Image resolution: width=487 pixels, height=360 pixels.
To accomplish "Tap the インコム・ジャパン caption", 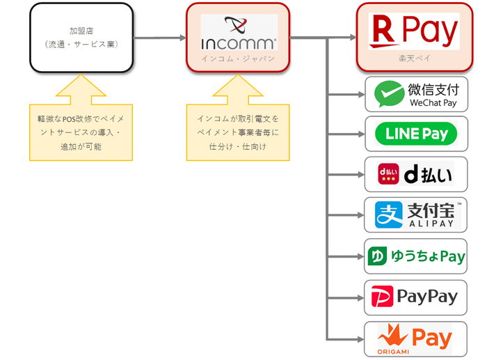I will pos(238,58).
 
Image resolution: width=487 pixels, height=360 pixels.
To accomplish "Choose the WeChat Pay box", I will pos(416,94).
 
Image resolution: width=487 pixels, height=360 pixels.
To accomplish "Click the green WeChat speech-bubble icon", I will pos(389,94).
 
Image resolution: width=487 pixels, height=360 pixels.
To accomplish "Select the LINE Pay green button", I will pos(416,133).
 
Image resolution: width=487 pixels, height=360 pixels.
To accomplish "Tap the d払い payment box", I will pos(416,174).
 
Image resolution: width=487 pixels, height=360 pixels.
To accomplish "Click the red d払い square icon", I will pos(388,174).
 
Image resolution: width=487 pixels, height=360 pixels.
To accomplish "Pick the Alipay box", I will pos(416,214).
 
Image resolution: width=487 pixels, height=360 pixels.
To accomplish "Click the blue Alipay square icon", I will pos(388,214).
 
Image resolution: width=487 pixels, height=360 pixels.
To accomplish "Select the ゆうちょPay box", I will pos(416,256).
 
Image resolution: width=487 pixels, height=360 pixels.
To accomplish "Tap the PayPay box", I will pos(416,297).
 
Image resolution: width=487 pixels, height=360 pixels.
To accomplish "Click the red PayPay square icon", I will pos(381,297).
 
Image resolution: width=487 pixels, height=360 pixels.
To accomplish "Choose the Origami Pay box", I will pos(416,338).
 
